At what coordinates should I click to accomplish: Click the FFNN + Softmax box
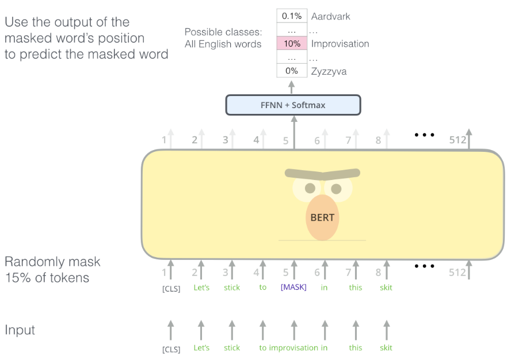[x=293, y=105]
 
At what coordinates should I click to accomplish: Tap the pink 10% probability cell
[x=292, y=43]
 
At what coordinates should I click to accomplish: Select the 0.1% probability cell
[x=292, y=16]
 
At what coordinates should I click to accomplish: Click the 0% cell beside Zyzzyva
[x=292, y=71]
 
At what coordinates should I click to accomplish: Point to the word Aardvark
[x=330, y=16]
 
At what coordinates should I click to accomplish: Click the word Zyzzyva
[x=329, y=71]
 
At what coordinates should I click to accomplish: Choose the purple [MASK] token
[x=293, y=287]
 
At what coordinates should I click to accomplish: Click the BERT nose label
[x=322, y=217]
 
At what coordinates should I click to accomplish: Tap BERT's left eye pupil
[x=310, y=188]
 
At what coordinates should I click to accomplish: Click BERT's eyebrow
[x=322, y=174]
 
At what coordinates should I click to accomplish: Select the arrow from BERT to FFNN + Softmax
[x=294, y=133]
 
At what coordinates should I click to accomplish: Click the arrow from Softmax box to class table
[x=292, y=87]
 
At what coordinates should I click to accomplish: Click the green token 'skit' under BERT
[x=386, y=288]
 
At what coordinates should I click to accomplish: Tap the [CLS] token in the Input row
[x=171, y=349]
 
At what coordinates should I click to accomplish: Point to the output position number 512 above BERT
[x=458, y=140]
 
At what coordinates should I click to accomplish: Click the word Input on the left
[x=20, y=330]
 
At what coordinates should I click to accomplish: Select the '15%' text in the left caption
[x=18, y=278]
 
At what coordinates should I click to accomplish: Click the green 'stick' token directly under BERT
[x=232, y=288]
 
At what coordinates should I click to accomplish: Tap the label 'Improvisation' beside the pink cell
[x=340, y=44]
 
